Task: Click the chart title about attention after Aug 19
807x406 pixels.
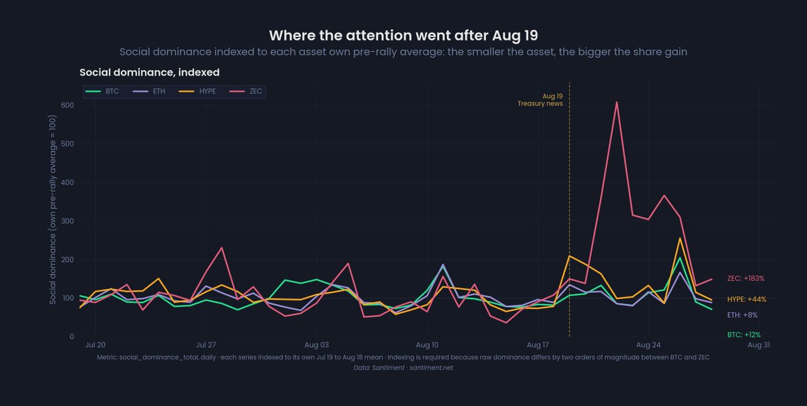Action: pyautogui.click(x=403, y=36)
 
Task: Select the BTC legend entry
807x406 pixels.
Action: pyautogui.click(x=102, y=91)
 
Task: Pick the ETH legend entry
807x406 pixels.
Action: pyautogui.click(x=149, y=91)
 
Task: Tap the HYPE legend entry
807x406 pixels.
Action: pyautogui.click(x=198, y=91)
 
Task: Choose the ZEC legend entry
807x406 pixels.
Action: pyautogui.click(x=245, y=91)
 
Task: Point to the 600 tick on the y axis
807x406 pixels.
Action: pyautogui.click(x=67, y=105)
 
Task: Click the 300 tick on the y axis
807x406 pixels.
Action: pyautogui.click(x=67, y=221)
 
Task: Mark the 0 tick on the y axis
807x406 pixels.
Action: pyautogui.click(x=72, y=337)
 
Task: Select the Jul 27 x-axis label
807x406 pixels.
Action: pyautogui.click(x=206, y=345)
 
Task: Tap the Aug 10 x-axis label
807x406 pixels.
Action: pyautogui.click(x=427, y=345)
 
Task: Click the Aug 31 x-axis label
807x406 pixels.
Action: pyautogui.click(x=759, y=345)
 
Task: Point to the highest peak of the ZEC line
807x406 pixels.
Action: pyautogui.click(x=617, y=102)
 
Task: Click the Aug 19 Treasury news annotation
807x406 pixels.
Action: pyautogui.click(x=540, y=99)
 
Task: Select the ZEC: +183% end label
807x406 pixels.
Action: pyautogui.click(x=746, y=278)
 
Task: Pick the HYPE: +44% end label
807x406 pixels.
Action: pyautogui.click(x=746, y=299)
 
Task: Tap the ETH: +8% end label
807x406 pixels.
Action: pyautogui.click(x=742, y=315)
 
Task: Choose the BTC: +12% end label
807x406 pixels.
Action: pyautogui.click(x=744, y=335)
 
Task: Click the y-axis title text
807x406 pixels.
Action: pyautogui.click(x=52, y=210)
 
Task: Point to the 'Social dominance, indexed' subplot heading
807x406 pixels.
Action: pyautogui.click(x=149, y=73)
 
